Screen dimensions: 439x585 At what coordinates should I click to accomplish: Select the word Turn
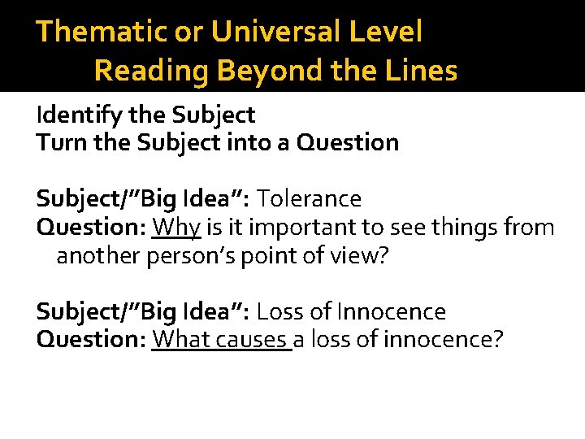55,142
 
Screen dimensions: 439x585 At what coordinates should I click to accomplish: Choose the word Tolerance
310,198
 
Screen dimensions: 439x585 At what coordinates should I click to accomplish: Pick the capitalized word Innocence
392,311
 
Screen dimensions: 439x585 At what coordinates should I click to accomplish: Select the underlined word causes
251,338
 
